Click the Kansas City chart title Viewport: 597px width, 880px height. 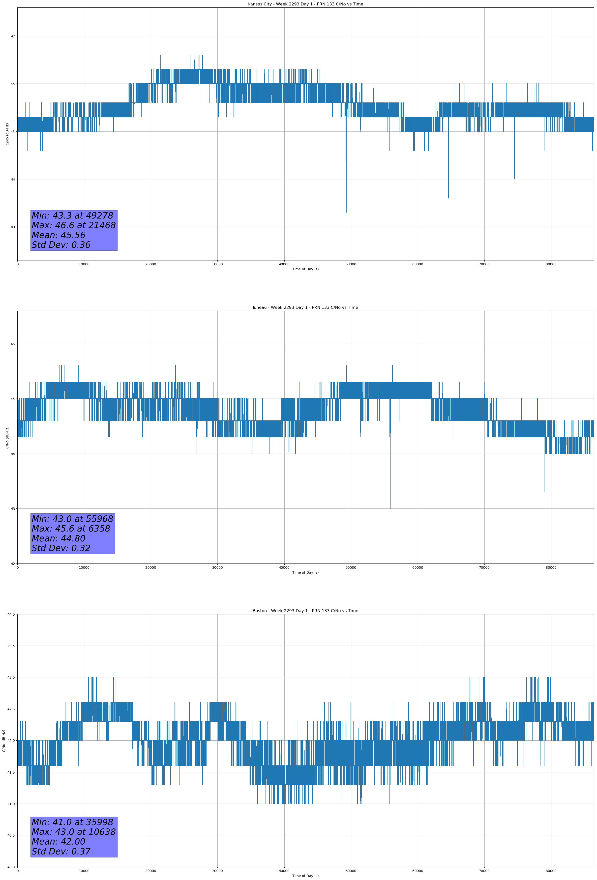(305, 4)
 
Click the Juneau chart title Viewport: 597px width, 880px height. (305, 308)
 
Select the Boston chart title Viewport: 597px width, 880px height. (305, 611)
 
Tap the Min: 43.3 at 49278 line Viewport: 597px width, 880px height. (72, 216)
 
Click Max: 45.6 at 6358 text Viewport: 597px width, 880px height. (71, 529)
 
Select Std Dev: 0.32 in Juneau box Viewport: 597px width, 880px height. (61, 548)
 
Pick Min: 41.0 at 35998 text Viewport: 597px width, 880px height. (72, 822)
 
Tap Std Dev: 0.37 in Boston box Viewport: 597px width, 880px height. (61, 851)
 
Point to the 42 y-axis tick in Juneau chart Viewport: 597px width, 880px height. (13, 564)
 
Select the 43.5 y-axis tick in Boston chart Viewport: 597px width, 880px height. (11, 646)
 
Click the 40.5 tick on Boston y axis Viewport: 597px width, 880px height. (11, 835)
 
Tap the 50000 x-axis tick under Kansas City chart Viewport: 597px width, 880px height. (351, 264)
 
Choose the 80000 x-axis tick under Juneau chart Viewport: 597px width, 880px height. (551, 567)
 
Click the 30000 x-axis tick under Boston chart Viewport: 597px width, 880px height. (217, 871)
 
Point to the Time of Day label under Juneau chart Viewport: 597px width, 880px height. (305, 572)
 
